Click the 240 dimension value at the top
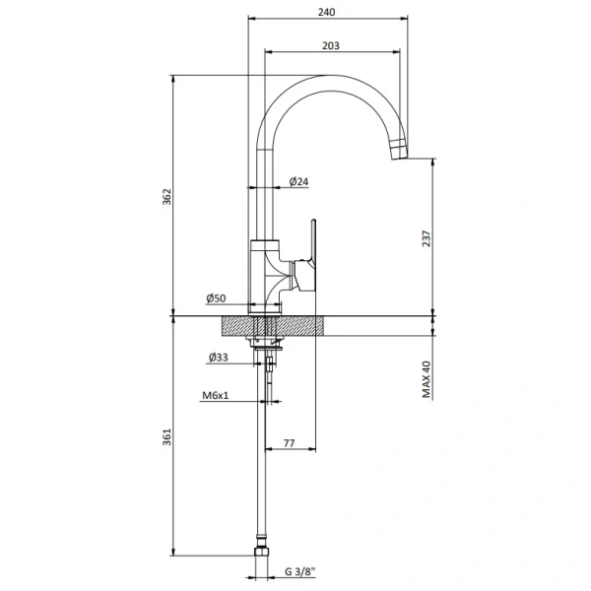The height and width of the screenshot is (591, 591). coord(326,12)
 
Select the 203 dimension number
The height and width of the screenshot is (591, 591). coord(331,45)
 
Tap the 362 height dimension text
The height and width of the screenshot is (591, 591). coord(166,197)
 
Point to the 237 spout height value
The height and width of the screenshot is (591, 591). coord(426,238)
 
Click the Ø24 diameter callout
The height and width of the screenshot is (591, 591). coord(298,181)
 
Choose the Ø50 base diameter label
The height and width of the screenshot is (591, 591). coord(216,298)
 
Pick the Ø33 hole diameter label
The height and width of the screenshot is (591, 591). coord(219,357)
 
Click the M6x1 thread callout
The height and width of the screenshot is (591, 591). coord(215,395)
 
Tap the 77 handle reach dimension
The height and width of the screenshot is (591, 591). coord(289,443)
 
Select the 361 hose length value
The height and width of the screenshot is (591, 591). coord(166,436)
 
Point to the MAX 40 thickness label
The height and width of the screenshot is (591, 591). coord(426,379)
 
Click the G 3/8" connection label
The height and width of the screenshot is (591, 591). coord(300,571)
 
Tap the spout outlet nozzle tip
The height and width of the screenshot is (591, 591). coord(400,150)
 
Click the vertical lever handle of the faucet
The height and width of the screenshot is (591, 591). coord(313,241)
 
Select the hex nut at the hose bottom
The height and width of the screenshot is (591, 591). coord(262,551)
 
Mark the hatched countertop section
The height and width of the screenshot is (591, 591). coord(272,325)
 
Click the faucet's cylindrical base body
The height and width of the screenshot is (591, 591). coord(265,277)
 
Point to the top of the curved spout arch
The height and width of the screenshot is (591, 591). coord(328,77)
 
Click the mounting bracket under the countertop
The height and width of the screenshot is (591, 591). coord(264,342)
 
